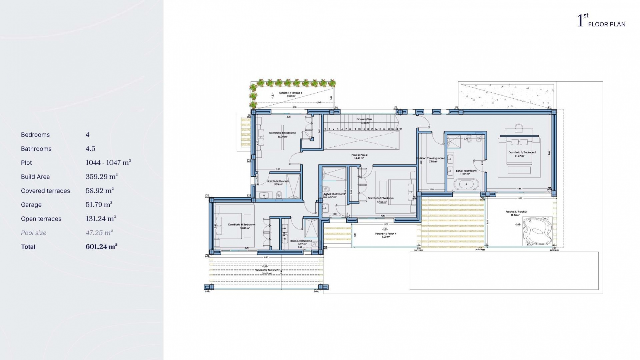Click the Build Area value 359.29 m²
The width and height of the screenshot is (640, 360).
click(101, 177)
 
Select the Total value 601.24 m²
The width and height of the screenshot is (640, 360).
click(101, 247)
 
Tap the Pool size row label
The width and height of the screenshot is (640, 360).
click(34, 233)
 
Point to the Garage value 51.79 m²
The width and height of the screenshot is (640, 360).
click(99, 205)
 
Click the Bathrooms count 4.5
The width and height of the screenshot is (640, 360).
click(90, 149)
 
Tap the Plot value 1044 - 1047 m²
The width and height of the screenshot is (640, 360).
click(108, 163)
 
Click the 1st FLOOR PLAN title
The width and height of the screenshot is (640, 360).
click(601, 21)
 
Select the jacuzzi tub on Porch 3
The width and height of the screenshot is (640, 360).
click(535, 231)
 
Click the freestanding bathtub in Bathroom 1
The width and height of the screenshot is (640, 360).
click(466, 184)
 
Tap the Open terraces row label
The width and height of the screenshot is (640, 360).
click(41, 219)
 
